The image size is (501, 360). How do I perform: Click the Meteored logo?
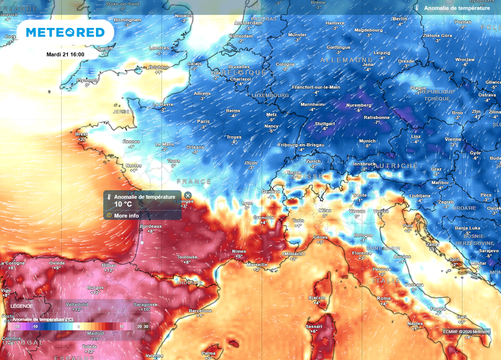[65, 32]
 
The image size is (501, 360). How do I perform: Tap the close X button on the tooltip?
[188, 196]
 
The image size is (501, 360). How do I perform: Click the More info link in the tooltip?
[126, 215]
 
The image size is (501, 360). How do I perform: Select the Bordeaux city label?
[151, 226]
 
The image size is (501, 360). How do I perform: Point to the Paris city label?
[203, 121]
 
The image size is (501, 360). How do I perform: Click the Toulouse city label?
[187, 257]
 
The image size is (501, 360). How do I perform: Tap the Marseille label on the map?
[257, 265]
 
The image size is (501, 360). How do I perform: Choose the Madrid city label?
[95, 333]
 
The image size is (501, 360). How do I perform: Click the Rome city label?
[384, 298]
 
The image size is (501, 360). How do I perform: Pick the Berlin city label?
[400, 19]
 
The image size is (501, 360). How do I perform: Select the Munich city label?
[367, 141]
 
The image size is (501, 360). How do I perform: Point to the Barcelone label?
[200, 311]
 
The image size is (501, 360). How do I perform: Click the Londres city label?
[159, 48]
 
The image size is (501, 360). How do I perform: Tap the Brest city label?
[81, 134]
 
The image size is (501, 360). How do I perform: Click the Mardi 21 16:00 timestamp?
[65, 54]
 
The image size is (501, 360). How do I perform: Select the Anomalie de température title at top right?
[456, 8]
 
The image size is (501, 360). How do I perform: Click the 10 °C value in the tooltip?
[123, 204]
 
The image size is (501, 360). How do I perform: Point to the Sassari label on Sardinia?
[314, 326]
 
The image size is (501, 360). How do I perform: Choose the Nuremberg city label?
[359, 105]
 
